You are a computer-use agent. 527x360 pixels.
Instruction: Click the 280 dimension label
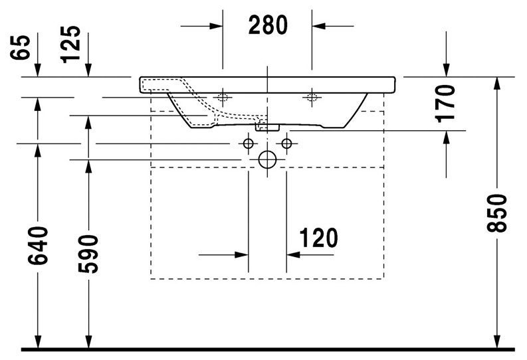(268, 25)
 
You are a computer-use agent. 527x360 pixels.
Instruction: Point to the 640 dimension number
(39, 245)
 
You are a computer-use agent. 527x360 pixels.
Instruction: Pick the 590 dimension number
(88, 254)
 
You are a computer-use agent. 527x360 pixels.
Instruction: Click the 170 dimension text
(447, 102)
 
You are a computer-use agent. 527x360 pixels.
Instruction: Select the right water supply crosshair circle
(287, 143)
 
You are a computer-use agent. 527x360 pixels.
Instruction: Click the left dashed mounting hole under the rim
(221, 98)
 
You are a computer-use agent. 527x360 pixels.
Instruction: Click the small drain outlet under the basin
(267, 125)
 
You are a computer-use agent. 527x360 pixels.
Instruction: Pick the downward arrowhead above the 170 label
(446, 70)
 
